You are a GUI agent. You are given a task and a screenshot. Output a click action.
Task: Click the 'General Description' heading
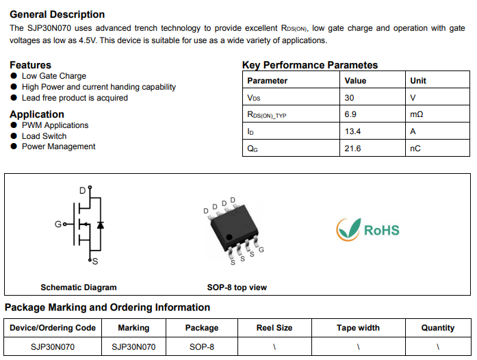click(57, 14)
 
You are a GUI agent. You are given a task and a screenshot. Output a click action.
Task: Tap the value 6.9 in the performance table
click(350, 114)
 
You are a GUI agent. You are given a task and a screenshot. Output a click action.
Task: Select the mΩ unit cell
click(417, 114)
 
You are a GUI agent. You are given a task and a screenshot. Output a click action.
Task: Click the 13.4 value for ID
click(352, 131)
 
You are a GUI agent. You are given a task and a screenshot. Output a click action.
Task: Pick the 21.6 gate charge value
click(352, 149)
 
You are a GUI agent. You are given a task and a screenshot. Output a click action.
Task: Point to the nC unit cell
click(415, 149)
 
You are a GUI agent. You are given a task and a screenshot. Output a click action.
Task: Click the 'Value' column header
click(355, 81)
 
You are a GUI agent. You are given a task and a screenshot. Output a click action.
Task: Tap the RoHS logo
click(368, 230)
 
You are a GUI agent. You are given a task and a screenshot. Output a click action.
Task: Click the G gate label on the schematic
click(57, 224)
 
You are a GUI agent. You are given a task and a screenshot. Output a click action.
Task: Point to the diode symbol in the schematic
click(101, 225)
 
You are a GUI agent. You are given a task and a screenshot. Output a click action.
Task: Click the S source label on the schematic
click(95, 261)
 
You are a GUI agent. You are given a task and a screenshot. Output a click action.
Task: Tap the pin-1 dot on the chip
click(229, 237)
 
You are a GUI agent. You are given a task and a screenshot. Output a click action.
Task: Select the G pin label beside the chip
click(261, 250)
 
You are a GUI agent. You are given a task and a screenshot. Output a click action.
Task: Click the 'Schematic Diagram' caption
click(79, 287)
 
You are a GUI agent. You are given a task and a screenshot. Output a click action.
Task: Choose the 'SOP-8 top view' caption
click(237, 287)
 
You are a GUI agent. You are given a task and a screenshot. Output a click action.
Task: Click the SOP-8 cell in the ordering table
click(202, 346)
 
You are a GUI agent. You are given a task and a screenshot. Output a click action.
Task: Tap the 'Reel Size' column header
click(274, 328)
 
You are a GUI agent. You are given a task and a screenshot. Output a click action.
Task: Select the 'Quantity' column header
click(438, 328)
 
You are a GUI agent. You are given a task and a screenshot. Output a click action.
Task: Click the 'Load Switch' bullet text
click(44, 136)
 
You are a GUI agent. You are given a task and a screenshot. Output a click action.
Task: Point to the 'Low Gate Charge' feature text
click(54, 76)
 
